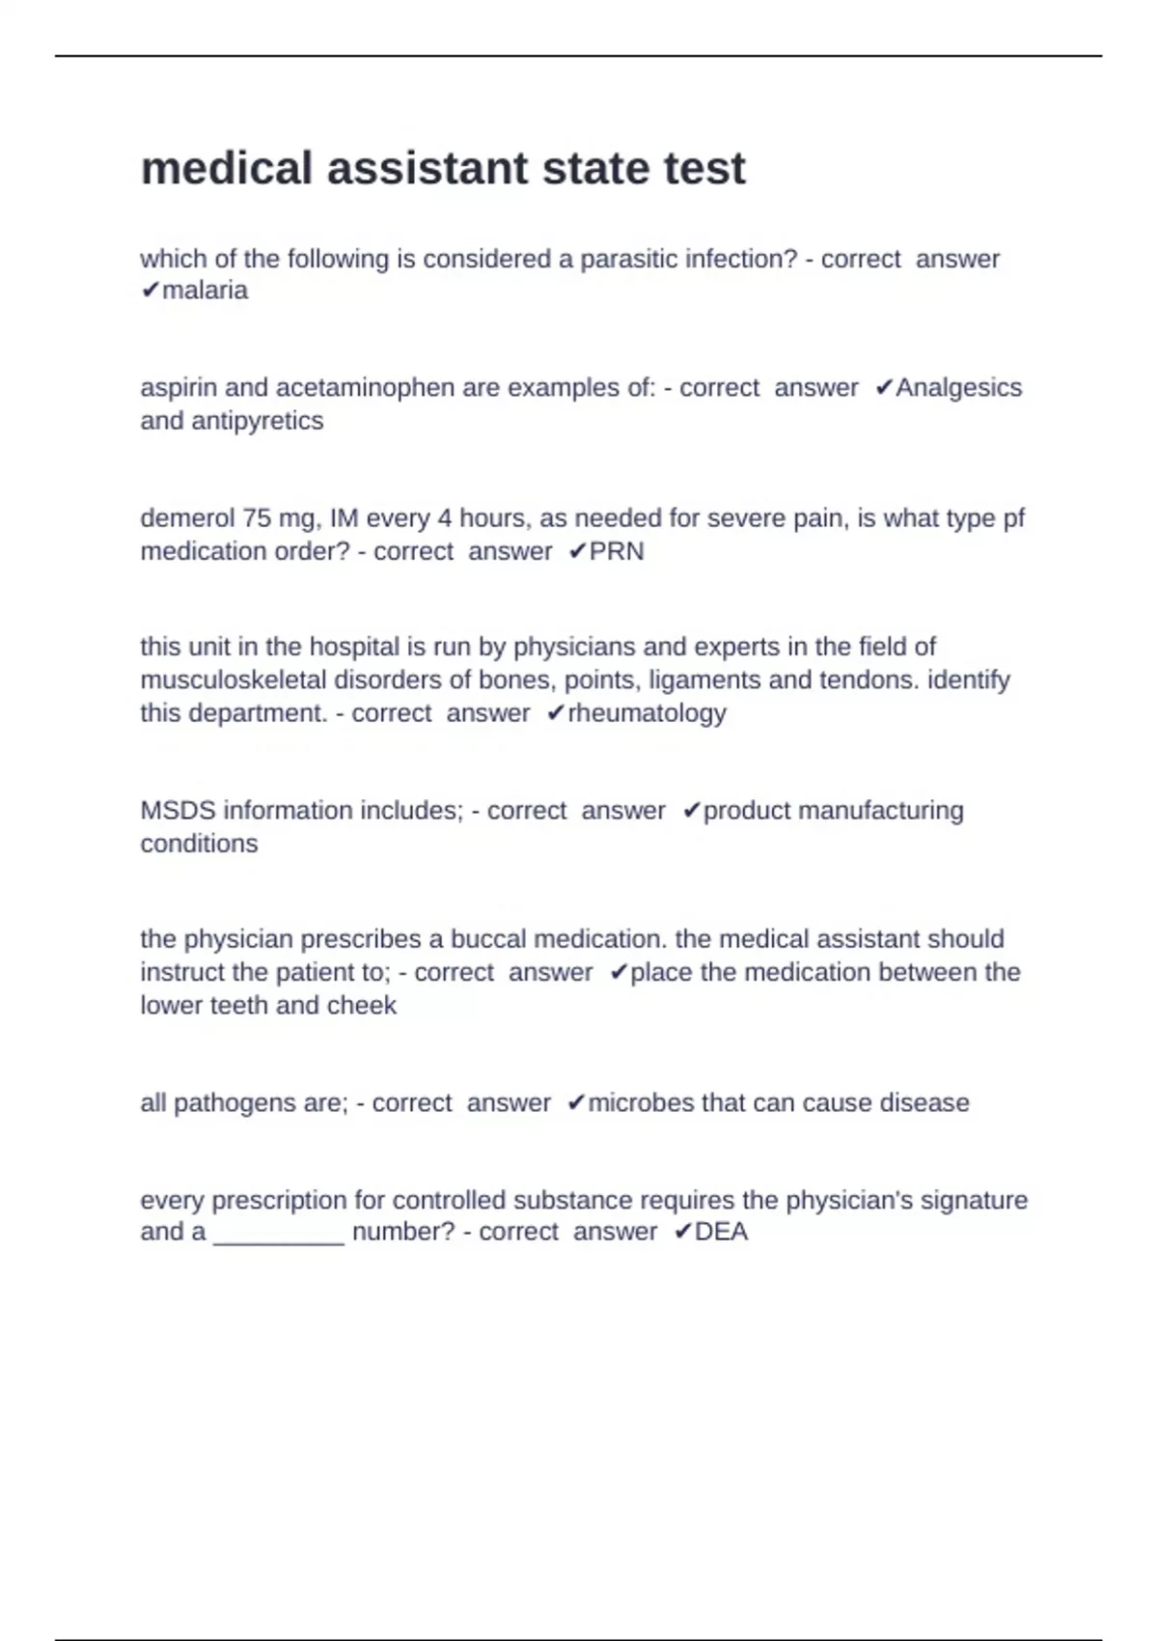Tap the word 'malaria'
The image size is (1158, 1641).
click(205, 291)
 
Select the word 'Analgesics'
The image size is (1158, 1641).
click(958, 388)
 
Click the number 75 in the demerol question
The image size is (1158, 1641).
click(258, 518)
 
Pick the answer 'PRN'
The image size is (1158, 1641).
click(616, 552)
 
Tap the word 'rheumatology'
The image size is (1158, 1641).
click(647, 713)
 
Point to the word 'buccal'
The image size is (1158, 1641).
click(488, 939)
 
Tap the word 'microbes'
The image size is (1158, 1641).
click(638, 1103)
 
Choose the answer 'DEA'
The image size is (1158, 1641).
click(721, 1233)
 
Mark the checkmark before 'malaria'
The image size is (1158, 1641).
click(150, 291)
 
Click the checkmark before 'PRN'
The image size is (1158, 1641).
click(577, 552)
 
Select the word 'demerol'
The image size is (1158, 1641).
click(187, 518)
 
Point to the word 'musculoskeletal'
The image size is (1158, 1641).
click(234, 681)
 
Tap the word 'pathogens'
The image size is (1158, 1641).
click(234, 1103)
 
